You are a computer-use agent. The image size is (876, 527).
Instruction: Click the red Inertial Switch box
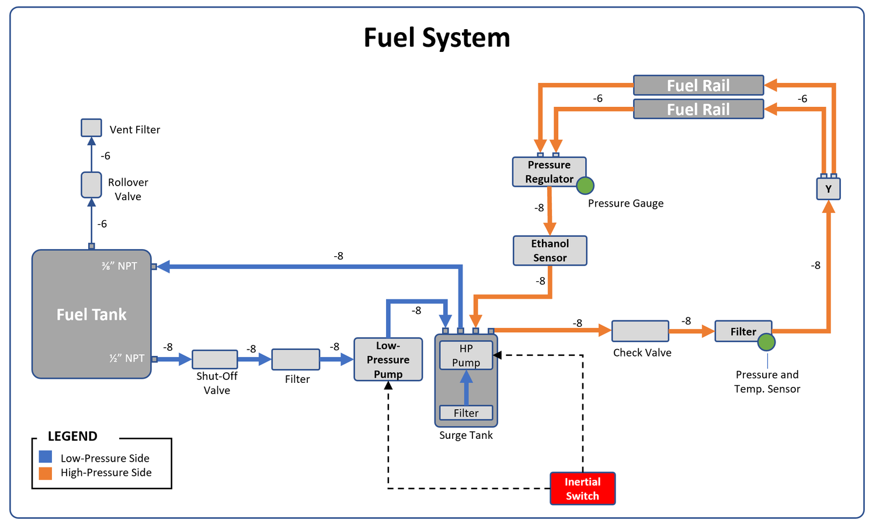click(582, 488)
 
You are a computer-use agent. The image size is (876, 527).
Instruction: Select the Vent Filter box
click(91, 128)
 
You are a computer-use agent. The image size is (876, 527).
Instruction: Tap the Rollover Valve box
click(91, 185)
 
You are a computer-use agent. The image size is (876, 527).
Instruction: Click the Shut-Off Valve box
click(215, 359)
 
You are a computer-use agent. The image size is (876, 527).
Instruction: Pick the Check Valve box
click(640, 331)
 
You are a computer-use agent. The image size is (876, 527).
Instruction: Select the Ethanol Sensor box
click(550, 250)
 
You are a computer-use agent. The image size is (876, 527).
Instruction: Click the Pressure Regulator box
click(548, 172)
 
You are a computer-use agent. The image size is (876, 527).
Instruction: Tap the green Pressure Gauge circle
click(585, 186)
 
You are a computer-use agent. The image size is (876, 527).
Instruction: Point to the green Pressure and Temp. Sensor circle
click(766, 342)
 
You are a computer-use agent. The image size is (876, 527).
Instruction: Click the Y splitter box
click(828, 189)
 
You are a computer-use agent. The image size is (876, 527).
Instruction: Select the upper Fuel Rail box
click(698, 85)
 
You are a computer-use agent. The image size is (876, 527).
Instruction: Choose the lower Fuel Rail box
click(698, 109)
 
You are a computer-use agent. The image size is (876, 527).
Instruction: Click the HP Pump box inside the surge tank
click(466, 355)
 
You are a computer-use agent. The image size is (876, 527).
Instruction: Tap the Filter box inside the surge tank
click(466, 413)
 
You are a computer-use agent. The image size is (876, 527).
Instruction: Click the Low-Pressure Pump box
click(388, 360)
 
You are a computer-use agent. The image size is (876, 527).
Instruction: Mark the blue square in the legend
click(46, 457)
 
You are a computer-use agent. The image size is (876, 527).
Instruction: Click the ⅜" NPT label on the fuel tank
click(120, 266)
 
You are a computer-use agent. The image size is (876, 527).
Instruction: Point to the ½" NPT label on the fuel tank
click(127, 358)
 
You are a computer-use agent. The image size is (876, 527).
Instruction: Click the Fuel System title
click(437, 38)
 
